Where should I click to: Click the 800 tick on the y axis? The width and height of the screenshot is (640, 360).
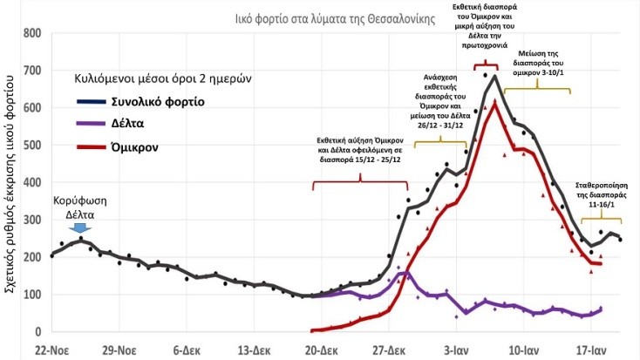click(32, 33)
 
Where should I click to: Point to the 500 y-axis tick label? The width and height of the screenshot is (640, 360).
click(32, 146)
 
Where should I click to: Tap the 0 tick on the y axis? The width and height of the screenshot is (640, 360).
click(37, 332)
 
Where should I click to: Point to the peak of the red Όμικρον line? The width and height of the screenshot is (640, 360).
click(494, 102)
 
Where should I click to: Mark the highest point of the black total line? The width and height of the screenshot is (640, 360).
click(494, 76)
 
